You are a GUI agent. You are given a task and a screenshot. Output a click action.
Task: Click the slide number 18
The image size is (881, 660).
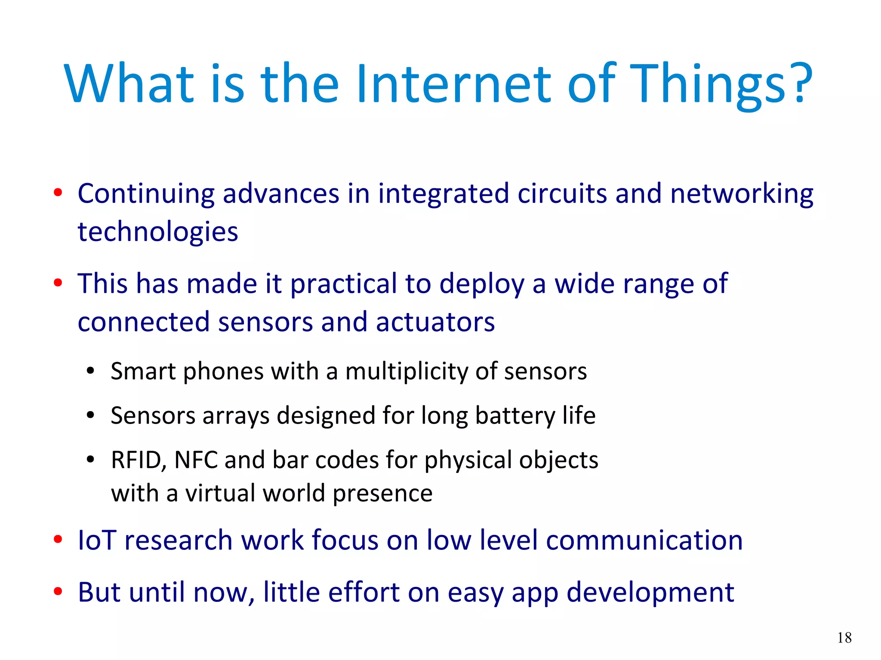(844, 638)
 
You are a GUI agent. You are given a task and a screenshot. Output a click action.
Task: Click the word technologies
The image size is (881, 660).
(157, 233)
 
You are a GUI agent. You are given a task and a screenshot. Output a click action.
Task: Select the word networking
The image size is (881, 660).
(742, 194)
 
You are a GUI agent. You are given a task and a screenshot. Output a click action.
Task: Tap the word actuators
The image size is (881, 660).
(435, 322)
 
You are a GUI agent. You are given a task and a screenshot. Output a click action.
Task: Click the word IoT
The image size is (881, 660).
(97, 540)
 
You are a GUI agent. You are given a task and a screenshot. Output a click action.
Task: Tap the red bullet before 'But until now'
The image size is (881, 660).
(58, 592)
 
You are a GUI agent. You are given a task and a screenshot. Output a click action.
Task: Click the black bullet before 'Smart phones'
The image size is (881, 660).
(90, 371)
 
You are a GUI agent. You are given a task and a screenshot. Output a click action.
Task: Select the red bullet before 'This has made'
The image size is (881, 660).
(58, 283)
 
